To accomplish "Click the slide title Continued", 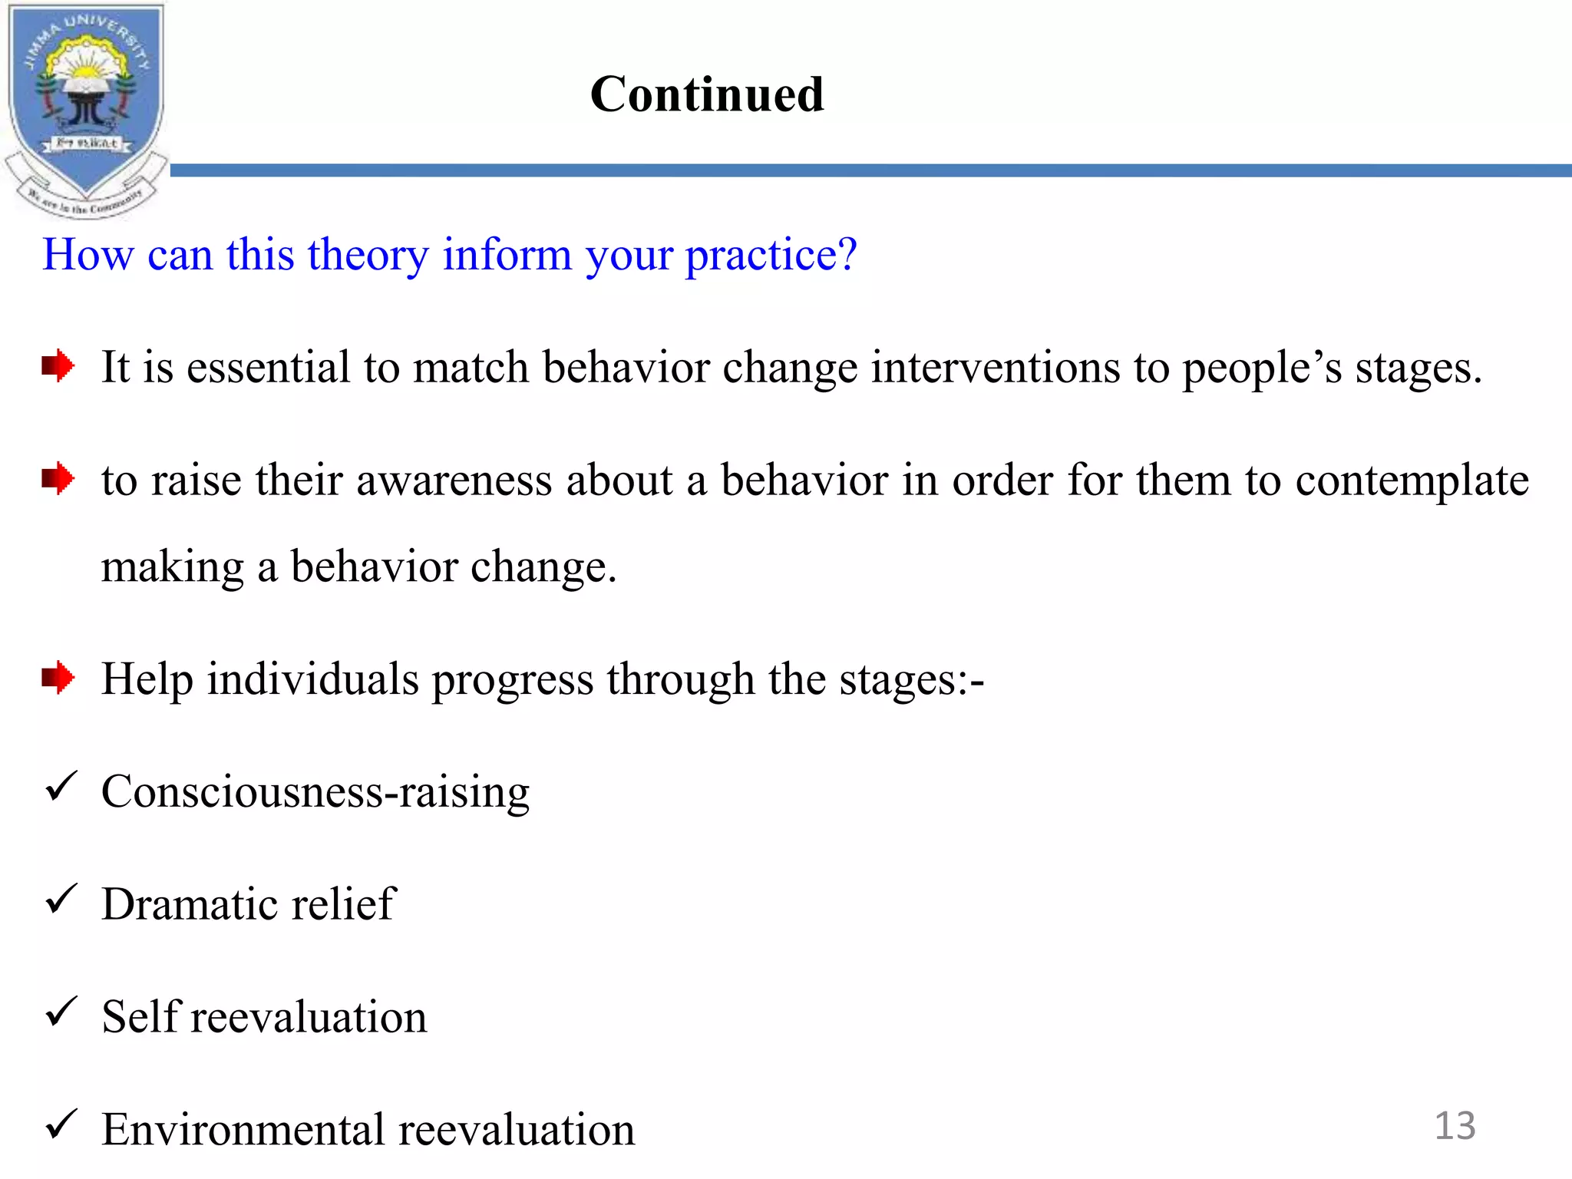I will (x=707, y=94).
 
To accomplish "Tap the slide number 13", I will (x=1455, y=1126).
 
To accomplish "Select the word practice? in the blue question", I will (x=771, y=256).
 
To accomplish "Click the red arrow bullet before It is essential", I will (x=58, y=365).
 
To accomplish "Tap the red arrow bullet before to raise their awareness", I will (x=58, y=479).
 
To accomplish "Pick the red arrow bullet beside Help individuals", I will (x=58, y=678).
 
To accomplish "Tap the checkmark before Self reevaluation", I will (x=61, y=1012).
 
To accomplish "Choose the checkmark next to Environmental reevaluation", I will (x=61, y=1125).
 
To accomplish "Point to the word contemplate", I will (x=1412, y=482).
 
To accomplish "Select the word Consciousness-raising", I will (x=315, y=792).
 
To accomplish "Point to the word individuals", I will (x=312, y=679).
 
